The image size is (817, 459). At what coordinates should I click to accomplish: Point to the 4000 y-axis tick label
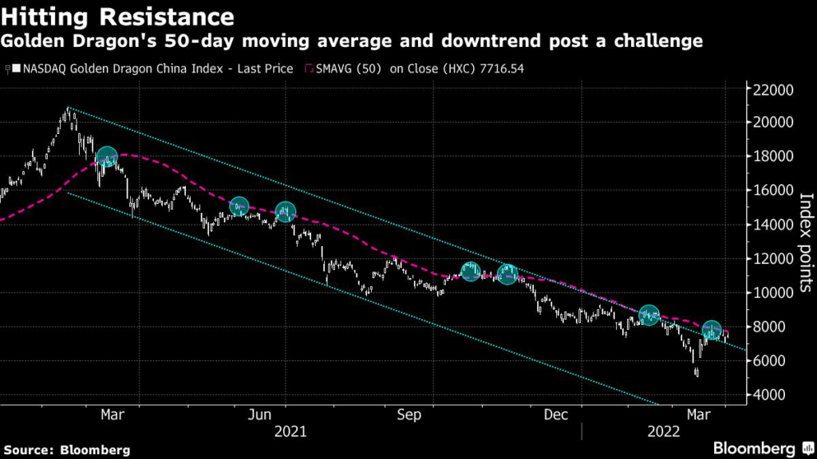coord(771,395)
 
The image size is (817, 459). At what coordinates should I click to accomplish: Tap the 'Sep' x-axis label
coord(408,415)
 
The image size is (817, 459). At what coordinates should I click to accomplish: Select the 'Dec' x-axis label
coord(555,415)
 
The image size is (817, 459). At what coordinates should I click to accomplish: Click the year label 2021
coord(290,432)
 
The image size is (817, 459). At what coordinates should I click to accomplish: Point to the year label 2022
coord(663,432)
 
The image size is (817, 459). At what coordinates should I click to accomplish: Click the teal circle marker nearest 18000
coord(107,158)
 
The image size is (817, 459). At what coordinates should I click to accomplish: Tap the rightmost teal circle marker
coord(712,330)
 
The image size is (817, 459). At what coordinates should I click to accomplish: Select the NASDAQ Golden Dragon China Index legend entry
coord(152,69)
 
